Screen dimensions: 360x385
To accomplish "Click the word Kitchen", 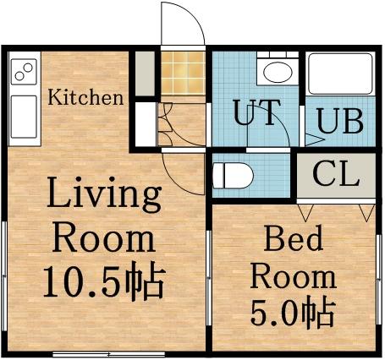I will [85, 96].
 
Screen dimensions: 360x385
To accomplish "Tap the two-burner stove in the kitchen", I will [23, 71].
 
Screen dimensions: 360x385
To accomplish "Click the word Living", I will [103, 195].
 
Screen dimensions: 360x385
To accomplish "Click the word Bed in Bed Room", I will [293, 240].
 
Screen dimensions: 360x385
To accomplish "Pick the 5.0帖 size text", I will [293, 313].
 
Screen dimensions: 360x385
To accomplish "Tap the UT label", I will [255, 114].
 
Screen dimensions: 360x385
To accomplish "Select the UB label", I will [340, 121].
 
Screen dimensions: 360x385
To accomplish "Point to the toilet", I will [234, 177].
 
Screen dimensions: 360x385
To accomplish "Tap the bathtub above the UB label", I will [338, 76].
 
